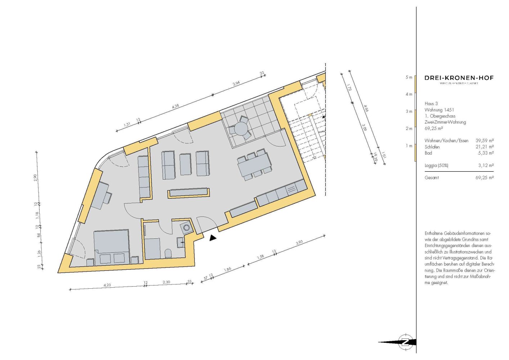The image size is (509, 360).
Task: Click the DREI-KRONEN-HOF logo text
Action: (x=459, y=78)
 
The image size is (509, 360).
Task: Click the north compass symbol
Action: (x=405, y=342)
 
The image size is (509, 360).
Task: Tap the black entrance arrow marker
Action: (x=213, y=238)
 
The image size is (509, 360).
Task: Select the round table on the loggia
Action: (x=241, y=128)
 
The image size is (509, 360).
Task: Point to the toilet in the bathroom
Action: (x=168, y=253)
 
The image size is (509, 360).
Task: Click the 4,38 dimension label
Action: (x=175, y=107)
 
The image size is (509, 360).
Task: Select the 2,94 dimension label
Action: (x=236, y=84)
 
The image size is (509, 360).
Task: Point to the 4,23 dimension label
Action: (x=107, y=285)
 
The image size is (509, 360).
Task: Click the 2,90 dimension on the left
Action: (x=35, y=177)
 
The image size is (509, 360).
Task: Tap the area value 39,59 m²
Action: (x=485, y=140)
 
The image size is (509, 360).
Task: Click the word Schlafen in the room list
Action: (x=432, y=147)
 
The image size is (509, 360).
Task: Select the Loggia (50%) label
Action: (x=436, y=166)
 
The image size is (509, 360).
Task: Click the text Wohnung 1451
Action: (x=439, y=110)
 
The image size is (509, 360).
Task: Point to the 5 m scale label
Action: (x=409, y=77)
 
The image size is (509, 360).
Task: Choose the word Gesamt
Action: (x=432, y=178)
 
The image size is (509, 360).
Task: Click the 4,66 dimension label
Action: (x=366, y=108)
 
